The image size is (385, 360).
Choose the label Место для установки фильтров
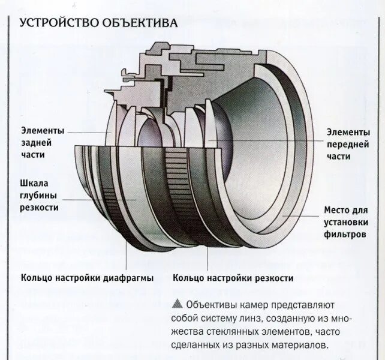click(345, 222)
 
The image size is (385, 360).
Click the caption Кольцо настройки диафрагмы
click(87, 278)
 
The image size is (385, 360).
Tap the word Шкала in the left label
click(35, 183)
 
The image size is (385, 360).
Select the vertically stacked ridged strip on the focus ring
click(178, 180)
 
